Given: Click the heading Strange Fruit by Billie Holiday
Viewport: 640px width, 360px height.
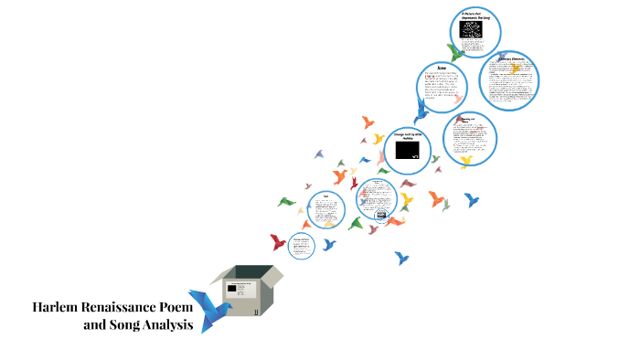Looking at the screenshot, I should click(x=408, y=134).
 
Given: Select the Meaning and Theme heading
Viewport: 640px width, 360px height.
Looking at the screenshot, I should click(x=466, y=120).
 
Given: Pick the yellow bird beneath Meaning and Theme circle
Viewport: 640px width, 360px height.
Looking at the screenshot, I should click(x=465, y=163).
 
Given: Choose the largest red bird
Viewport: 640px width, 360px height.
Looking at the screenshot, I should click(x=278, y=242).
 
